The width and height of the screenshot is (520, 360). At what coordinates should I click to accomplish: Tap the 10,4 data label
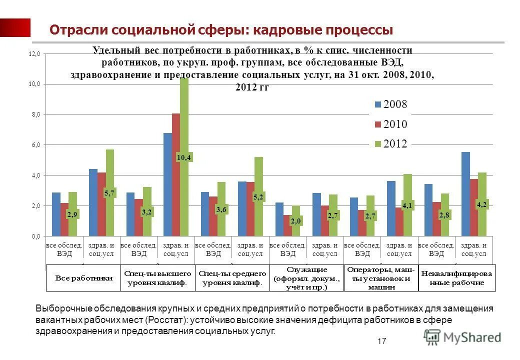(184, 157)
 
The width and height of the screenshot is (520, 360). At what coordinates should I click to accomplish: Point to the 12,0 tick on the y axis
(33, 53)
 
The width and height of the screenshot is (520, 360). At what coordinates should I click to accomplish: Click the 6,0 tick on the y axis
(33, 145)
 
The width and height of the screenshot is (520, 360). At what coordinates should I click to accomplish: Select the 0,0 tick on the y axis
(33, 236)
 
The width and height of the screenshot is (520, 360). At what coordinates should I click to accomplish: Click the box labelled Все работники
(83, 278)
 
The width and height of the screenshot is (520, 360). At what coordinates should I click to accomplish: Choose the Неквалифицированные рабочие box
(458, 278)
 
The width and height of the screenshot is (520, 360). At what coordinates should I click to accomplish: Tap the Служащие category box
(307, 278)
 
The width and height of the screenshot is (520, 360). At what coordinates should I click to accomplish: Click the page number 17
(382, 341)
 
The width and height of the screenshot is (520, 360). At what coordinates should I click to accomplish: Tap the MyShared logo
(462, 337)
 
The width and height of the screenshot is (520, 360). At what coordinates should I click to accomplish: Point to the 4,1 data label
(408, 204)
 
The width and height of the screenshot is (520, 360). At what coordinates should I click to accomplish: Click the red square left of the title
(15, 27)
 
